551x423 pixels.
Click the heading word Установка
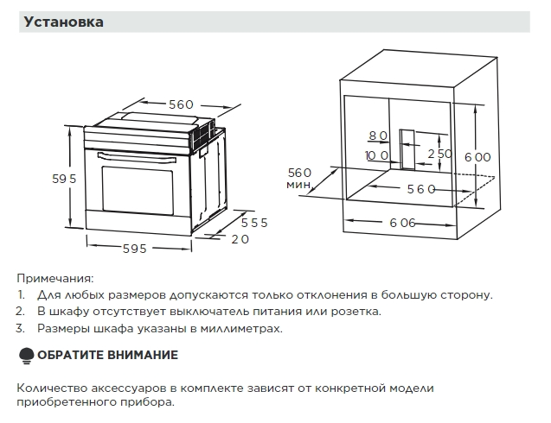(65, 22)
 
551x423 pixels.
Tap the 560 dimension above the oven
(181, 104)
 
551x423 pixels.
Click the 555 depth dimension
(253, 222)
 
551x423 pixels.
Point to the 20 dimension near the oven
(240, 239)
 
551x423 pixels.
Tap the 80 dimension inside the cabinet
(378, 136)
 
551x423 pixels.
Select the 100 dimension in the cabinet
(376, 155)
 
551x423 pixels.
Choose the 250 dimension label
(440, 154)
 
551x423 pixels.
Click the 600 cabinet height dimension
(477, 157)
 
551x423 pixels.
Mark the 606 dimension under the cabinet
(403, 223)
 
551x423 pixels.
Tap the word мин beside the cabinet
(298, 185)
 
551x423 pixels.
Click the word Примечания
(54, 278)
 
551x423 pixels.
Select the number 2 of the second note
(20, 312)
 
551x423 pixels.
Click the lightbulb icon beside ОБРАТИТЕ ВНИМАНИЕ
(25, 356)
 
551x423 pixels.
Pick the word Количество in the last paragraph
(48, 388)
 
